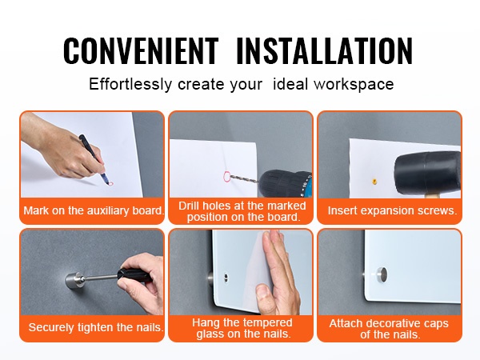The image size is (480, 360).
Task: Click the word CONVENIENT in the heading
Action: click(x=141, y=50)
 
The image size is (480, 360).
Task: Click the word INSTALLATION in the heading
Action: click(x=325, y=50)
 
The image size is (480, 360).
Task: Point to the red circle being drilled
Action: click(x=227, y=177)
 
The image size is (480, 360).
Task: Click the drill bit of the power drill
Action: click(x=244, y=178)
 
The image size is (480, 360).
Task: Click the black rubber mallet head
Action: click(x=427, y=172)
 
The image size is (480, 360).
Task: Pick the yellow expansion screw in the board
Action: click(x=374, y=181)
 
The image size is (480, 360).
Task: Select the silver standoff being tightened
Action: click(x=74, y=280)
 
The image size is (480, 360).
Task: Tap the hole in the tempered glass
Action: click(x=226, y=277)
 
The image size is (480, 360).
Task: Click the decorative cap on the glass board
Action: click(x=381, y=274)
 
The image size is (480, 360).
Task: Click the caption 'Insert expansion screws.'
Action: click(x=392, y=210)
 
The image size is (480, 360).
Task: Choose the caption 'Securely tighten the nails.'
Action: click(x=96, y=327)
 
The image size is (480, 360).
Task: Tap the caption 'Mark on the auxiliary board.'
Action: click(x=94, y=210)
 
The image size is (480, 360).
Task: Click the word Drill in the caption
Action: click(x=190, y=206)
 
